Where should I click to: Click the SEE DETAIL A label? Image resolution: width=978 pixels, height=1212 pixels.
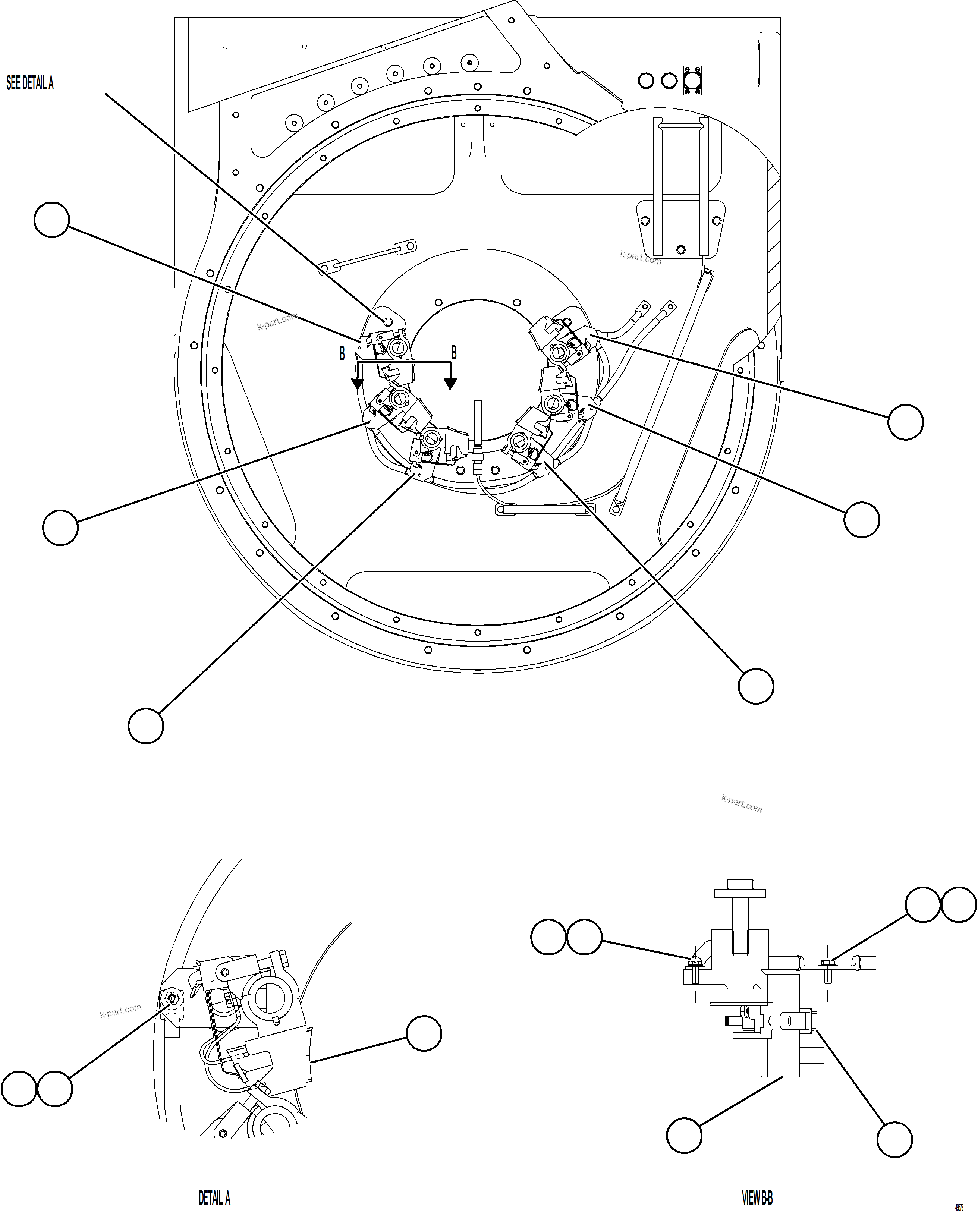point(30,84)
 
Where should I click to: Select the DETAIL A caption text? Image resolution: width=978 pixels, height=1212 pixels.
point(214,1197)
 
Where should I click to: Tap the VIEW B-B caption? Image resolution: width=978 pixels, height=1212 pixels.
point(757,1197)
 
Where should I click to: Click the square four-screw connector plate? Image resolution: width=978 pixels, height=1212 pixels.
point(693,80)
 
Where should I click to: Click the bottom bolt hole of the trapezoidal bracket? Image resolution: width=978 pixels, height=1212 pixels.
point(680,249)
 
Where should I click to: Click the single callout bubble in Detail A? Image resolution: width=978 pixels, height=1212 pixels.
point(424,1033)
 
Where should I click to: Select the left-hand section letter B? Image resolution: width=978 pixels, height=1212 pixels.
point(342,354)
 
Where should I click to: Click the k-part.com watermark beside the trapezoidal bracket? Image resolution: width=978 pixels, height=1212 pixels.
point(641,257)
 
